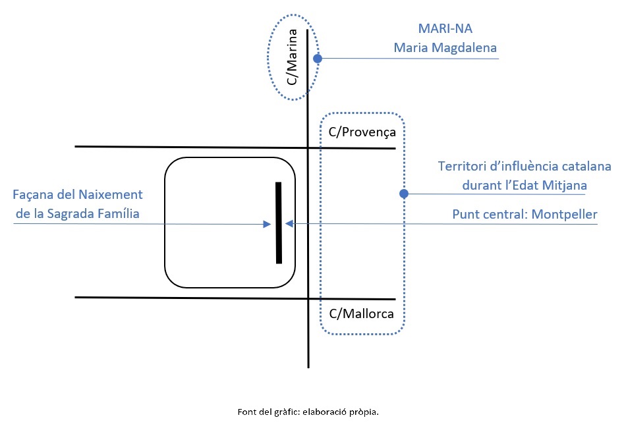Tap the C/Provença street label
click(362, 132)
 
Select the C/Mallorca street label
click(361, 313)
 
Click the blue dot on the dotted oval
click(317, 58)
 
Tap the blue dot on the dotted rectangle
click(404, 194)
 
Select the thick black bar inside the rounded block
click(279, 223)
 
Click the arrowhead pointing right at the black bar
click(268, 224)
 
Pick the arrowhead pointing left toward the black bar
click(289, 224)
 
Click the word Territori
click(462, 167)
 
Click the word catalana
click(587, 167)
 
